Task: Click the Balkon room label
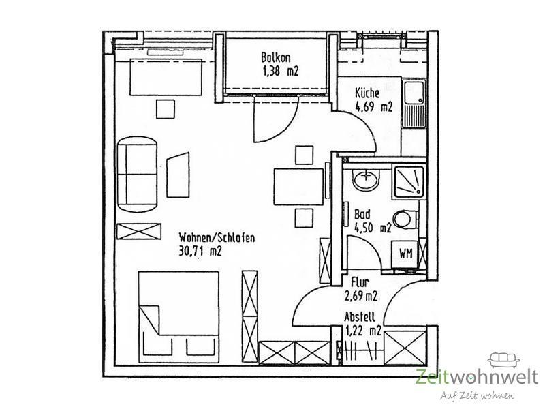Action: (x=276, y=57)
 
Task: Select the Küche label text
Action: (x=367, y=93)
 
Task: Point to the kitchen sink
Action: (x=414, y=104)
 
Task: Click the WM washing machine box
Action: (x=405, y=254)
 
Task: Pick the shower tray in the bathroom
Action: (x=408, y=182)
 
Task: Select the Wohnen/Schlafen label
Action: (x=217, y=238)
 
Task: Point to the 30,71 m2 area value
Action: (x=200, y=251)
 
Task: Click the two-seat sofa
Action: (x=137, y=175)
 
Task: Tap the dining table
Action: (x=298, y=187)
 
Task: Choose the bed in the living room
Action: (x=178, y=317)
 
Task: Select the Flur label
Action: (x=360, y=282)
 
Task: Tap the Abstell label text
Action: (x=360, y=317)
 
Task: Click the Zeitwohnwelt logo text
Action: (x=476, y=378)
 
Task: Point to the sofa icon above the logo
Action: (x=503, y=361)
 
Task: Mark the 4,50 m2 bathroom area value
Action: (x=373, y=228)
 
